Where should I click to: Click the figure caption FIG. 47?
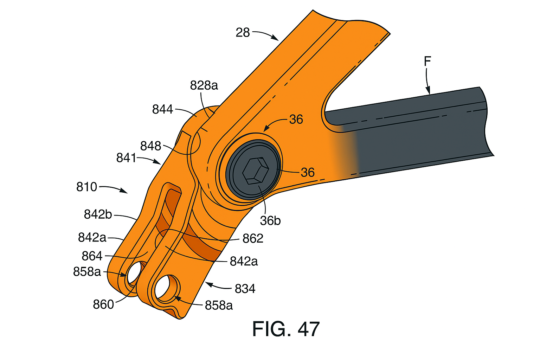(285, 329)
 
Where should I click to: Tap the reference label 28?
(243, 33)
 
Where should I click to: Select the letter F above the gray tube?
(427, 62)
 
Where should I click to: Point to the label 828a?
(204, 85)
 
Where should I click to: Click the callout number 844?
(162, 110)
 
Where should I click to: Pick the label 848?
(150, 146)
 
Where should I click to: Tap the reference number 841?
(126, 158)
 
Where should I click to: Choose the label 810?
(86, 187)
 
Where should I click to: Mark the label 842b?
(98, 214)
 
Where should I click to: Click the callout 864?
(92, 256)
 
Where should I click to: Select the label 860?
(103, 304)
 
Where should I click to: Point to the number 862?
(253, 239)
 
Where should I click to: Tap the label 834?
(245, 289)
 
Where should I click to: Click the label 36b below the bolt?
(270, 220)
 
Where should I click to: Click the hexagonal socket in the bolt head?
(256, 171)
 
